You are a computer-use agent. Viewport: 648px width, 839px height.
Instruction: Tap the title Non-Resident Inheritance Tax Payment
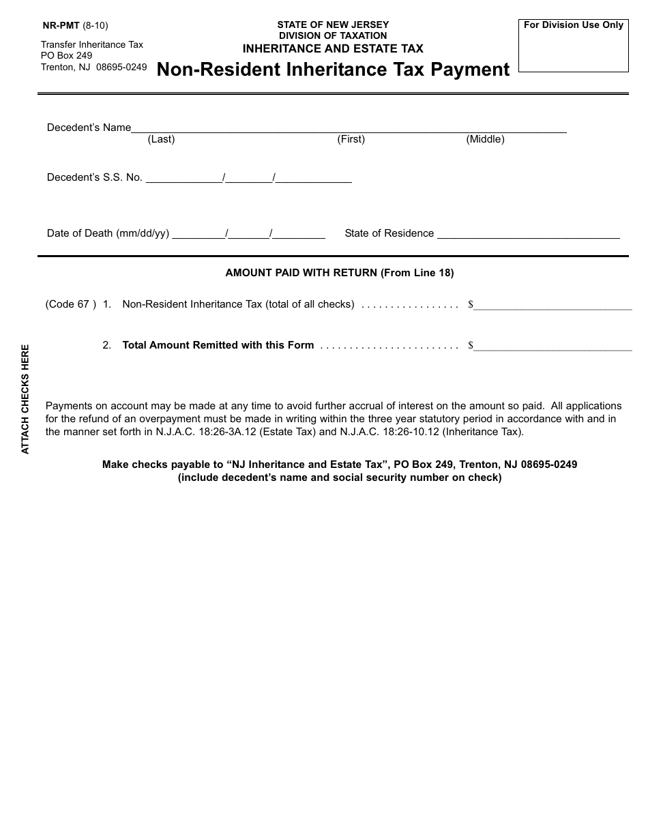[x=333, y=70]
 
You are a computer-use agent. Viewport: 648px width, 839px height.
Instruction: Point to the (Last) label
[x=161, y=139]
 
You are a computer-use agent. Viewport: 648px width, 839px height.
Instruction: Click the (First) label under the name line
[x=351, y=139]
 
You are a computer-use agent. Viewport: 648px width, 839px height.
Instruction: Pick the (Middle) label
[x=485, y=139]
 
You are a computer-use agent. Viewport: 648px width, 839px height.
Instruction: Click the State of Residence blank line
[x=528, y=235]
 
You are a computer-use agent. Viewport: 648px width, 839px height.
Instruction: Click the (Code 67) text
[x=71, y=304]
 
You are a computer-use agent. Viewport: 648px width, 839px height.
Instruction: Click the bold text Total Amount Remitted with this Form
[x=218, y=345]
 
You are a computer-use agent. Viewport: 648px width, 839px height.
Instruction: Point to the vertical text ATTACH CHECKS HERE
[x=25, y=399]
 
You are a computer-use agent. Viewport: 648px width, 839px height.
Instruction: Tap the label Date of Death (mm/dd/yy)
[x=108, y=233]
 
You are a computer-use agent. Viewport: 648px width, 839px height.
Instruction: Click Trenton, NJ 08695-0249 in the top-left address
[x=93, y=67]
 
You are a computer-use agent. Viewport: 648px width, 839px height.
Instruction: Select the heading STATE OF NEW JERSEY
[x=333, y=25]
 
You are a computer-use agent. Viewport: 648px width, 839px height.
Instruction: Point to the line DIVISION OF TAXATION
[x=333, y=36]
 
